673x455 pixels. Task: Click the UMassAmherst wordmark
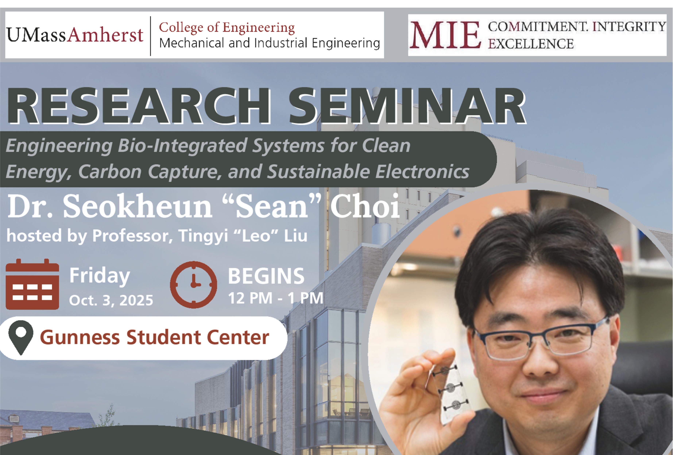pyautogui.click(x=75, y=35)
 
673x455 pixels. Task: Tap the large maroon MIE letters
pyautogui.click(x=445, y=35)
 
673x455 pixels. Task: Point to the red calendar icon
pyautogui.click(x=32, y=284)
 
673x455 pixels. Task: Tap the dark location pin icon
pyautogui.click(x=21, y=337)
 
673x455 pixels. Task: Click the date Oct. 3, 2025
pyautogui.click(x=111, y=300)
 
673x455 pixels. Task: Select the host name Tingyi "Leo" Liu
pyautogui.click(x=243, y=236)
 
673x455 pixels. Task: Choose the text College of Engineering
pyautogui.click(x=227, y=28)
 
